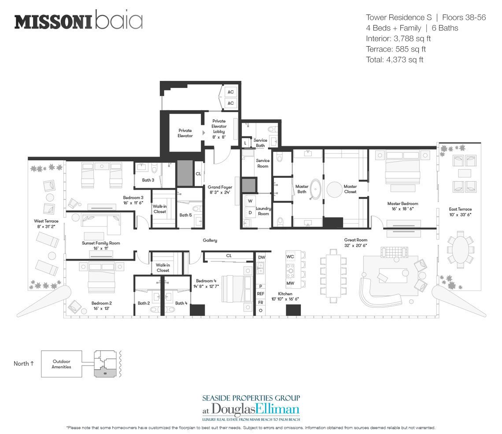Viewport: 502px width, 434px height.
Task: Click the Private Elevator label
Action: [185, 133]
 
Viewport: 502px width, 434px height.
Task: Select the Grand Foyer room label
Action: [220, 189]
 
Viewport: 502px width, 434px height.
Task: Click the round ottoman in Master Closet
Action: [335, 190]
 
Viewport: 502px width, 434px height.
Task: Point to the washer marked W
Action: [250, 201]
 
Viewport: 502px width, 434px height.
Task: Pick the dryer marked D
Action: [250, 213]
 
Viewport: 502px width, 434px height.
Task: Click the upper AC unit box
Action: [230, 92]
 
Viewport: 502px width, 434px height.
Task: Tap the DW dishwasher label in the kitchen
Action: [262, 257]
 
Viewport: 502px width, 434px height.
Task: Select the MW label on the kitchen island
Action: [290, 283]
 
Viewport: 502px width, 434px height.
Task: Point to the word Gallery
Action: [210, 240]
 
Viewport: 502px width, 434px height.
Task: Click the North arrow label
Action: [24, 364]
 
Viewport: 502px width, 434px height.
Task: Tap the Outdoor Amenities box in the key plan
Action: [62, 364]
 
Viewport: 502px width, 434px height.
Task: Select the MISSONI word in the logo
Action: [53, 22]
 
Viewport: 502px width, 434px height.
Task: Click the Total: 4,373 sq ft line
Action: [395, 60]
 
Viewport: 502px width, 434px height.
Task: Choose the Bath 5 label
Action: [186, 215]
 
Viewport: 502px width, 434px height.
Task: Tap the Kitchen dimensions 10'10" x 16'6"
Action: [285, 299]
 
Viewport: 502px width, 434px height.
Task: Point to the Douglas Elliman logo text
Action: [251, 409]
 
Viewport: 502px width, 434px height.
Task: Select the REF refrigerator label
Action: [261, 294]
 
